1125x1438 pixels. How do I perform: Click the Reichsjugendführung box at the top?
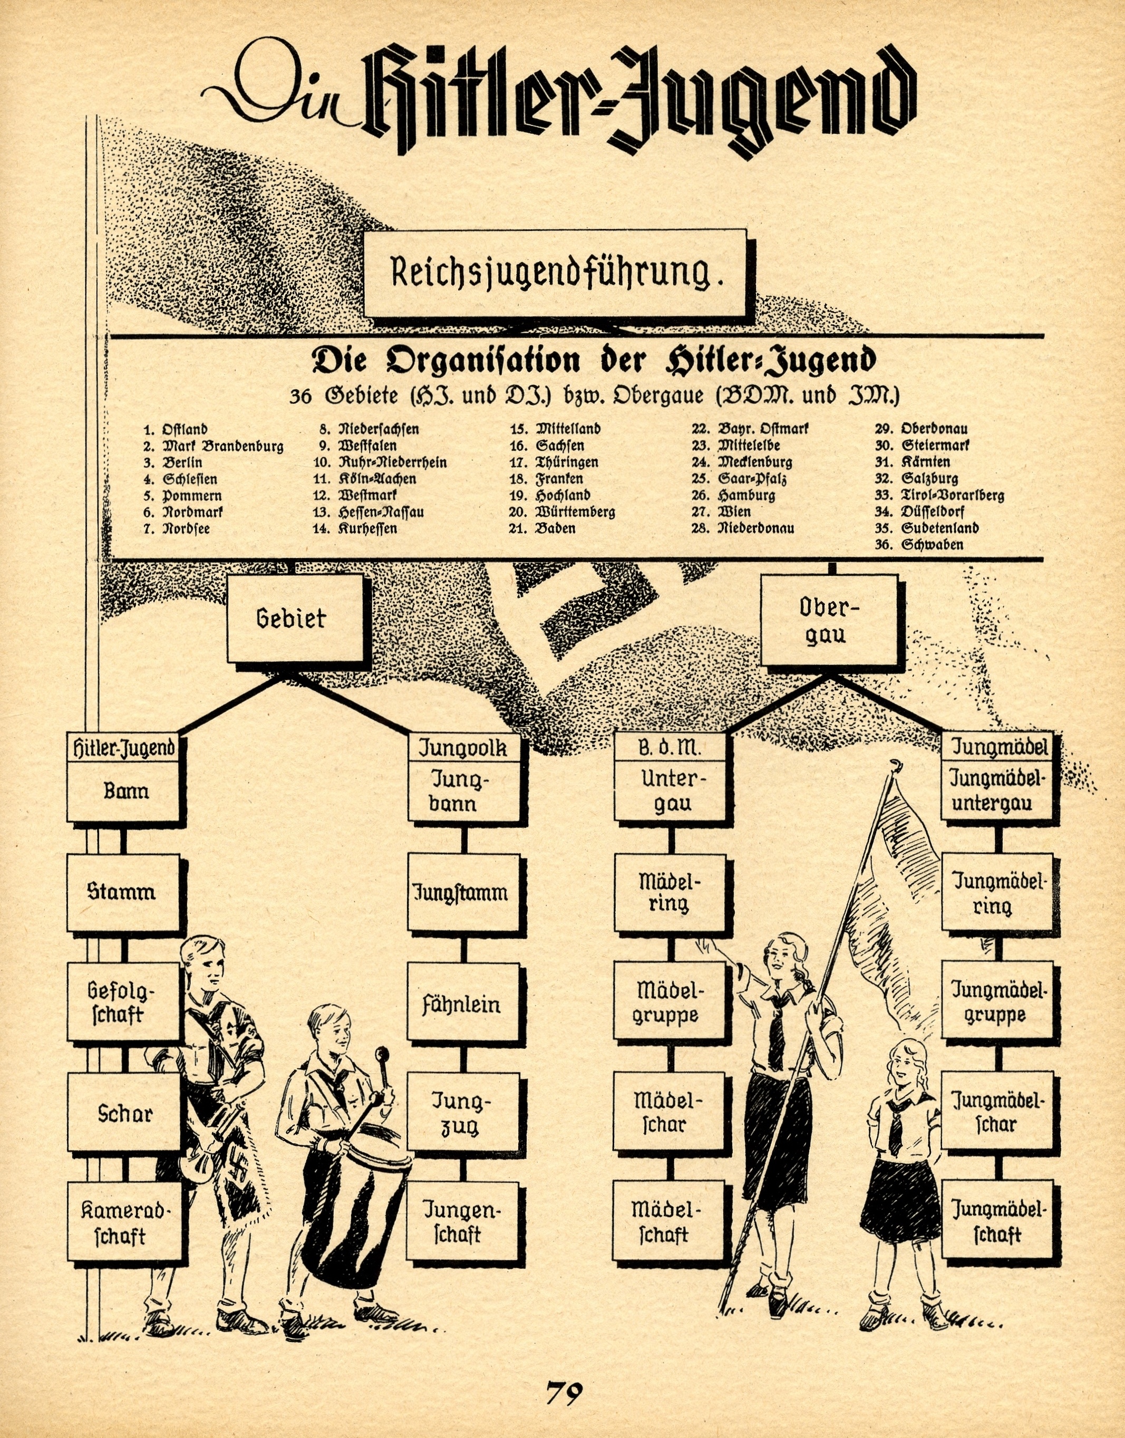pyautogui.click(x=555, y=273)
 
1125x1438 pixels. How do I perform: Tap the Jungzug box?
pyautogui.click(x=461, y=1113)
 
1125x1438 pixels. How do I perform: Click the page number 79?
pyautogui.click(x=564, y=1392)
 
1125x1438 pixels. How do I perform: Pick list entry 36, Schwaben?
pyautogui.click(x=932, y=545)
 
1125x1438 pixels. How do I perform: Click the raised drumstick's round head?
pyautogui.click(x=381, y=1055)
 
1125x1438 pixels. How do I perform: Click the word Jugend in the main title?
pyautogui.click(x=758, y=99)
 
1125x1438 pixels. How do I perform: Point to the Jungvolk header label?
pyautogui.click(x=463, y=748)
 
